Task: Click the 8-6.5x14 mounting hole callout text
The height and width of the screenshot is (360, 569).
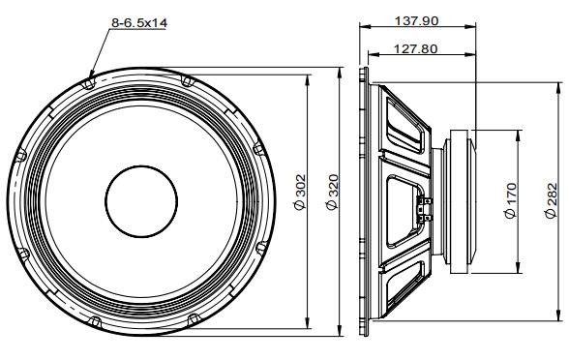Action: (x=139, y=23)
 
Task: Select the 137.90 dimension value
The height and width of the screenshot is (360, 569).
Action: (x=416, y=20)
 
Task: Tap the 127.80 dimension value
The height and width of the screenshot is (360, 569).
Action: (x=415, y=48)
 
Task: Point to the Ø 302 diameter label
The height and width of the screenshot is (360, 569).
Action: (x=300, y=193)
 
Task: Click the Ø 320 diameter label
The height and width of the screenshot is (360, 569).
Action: (x=333, y=193)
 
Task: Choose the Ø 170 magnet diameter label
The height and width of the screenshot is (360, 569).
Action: (x=510, y=200)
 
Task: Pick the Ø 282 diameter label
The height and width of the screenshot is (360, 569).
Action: (x=551, y=200)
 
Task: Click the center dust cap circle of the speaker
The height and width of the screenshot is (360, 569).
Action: (x=141, y=201)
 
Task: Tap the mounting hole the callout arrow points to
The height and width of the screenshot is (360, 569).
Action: (x=89, y=84)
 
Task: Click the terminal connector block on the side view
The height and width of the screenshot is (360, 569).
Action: (x=426, y=209)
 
